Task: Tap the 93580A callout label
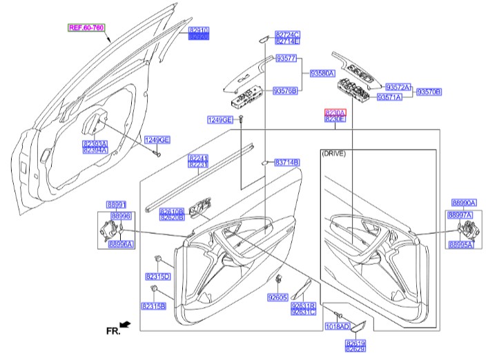pos(322,72)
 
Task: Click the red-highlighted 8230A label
pos(335,112)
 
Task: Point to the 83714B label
pos(286,162)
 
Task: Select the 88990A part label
pos(465,203)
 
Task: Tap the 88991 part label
pos(117,205)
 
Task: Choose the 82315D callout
pos(157,277)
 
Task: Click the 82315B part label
pos(153,306)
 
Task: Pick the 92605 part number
pos(277,297)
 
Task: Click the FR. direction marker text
pos(113,331)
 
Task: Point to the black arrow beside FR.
pos(126,323)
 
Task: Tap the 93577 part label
pos(286,59)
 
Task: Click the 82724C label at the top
pos(287,34)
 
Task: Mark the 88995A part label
pos(460,245)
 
